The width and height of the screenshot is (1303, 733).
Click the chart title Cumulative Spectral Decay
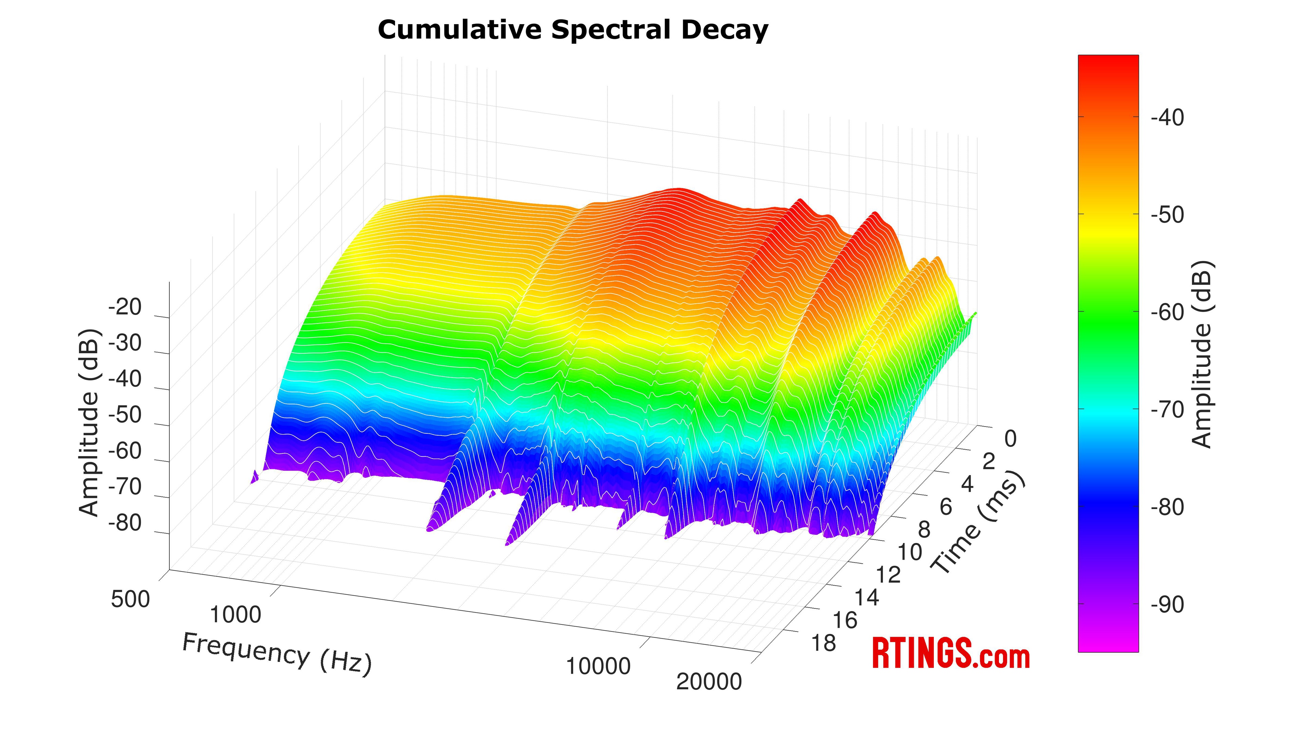click(x=572, y=30)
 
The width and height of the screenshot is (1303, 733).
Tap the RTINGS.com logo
click(x=950, y=654)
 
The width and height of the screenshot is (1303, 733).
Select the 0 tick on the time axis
click(x=1010, y=439)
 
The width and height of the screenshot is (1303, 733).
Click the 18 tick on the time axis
click(x=824, y=643)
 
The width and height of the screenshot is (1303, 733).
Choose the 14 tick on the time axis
click(x=867, y=598)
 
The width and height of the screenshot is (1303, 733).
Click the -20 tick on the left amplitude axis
click(x=125, y=307)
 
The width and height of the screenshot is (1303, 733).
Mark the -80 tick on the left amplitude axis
click(x=125, y=523)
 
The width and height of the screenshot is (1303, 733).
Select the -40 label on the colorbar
click(x=1167, y=118)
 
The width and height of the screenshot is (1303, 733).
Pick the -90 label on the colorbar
click(x=1167, y=604)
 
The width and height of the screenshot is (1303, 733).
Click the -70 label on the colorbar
click(x=1167, y=410)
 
